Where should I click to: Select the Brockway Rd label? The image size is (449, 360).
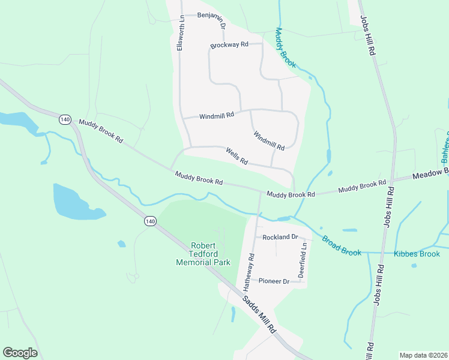(229, 45)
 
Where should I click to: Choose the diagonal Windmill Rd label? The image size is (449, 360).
(268, 141)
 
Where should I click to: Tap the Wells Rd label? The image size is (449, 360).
(237, 157)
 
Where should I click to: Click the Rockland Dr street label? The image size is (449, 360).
(280, 237)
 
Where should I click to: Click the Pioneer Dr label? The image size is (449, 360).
(274, 281)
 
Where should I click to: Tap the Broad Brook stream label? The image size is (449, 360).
(341, 246)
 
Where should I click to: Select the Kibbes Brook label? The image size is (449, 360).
(417, 254)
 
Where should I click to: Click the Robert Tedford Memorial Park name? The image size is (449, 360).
(202, 254)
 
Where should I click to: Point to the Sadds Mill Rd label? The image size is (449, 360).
(259, 315)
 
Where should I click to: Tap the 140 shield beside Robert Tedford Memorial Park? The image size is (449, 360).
(150, 221)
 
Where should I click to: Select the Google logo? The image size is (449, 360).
(20, 353)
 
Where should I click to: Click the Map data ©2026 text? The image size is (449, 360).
(423, 355)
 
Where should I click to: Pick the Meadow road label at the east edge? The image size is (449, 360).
(431, 174)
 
